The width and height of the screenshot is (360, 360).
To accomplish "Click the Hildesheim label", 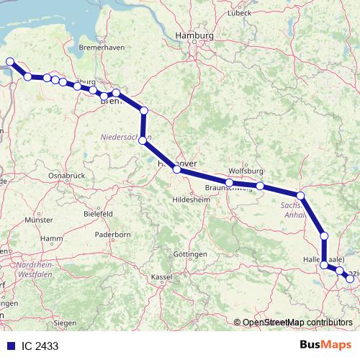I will pos(190,199).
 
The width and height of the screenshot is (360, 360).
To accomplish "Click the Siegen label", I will pos(66,323).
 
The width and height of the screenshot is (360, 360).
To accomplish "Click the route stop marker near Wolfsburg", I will pos(260,186).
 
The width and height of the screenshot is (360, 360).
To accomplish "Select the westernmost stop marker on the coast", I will pos(9,62).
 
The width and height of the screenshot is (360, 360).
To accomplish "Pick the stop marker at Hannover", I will pos(176,170).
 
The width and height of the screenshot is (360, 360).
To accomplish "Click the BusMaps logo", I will pos(325,346).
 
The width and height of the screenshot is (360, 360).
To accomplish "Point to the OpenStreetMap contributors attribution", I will pos(297,323).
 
